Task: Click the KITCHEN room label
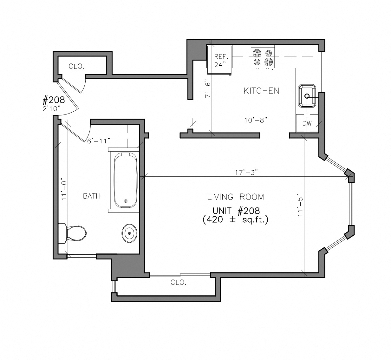click(x=261, y=91)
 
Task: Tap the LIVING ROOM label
click(x=236, y=197)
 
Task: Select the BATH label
click(x=92, y=196)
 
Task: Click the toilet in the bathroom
click(x=73, y=233)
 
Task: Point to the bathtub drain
click(x=126, y=201)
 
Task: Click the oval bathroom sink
click(x=129, y=233)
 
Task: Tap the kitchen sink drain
click(x=307, y=96)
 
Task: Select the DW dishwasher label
click(x=307, y=123)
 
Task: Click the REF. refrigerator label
click(x=221, y=56)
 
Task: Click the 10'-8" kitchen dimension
click(x=256, y=120)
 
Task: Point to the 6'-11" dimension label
click(x=99, y=141)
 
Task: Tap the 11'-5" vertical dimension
click(x=300, y=205)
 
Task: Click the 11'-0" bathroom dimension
click(x=64, y=189)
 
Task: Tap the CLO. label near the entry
click(x=76, y=67)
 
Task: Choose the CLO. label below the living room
click(x=178, y=282)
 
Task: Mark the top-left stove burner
click(x=257, y=53)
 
